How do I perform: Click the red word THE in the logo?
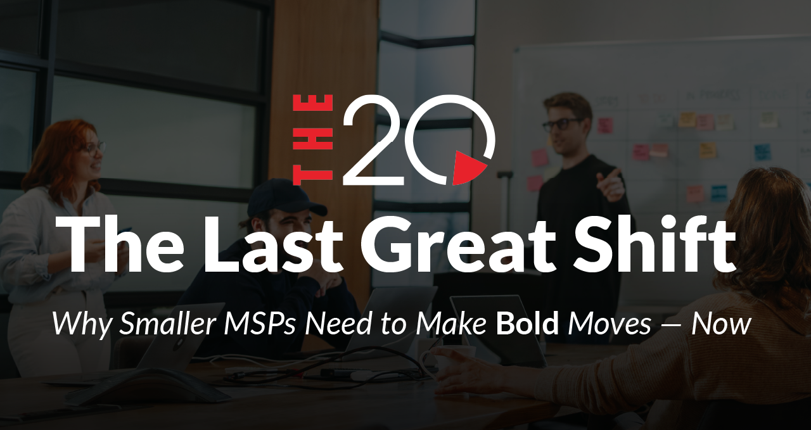pyautogui.click(x=313, y=140)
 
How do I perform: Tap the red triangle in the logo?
pyautogui.click(x=469, y=168)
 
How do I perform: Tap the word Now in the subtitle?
pyautogui.click(x=721, y=324)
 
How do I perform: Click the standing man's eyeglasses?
pyautogui.click(x=562, y=124)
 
